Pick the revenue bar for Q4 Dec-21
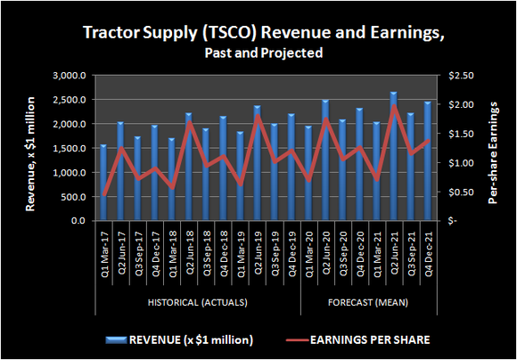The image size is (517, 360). [x=427, y=161]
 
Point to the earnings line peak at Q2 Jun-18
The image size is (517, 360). [x=189, y=122]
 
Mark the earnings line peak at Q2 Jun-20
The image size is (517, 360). [x=325, y=119]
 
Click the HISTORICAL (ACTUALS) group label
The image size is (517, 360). [x=197, y=303]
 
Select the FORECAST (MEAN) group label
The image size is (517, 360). [x=368, y=303]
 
